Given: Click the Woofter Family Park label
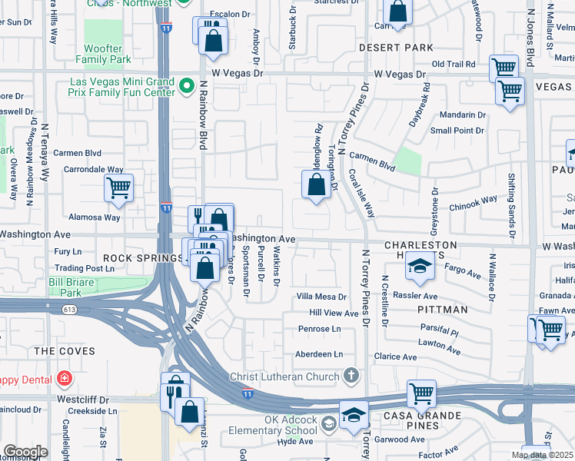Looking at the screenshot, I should click(x=108, y=54).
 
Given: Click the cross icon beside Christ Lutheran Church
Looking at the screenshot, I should click(x=351, y=376).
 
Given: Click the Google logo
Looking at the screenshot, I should click(x=25, y=452).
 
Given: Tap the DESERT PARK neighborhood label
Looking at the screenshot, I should click(x=396, y=48).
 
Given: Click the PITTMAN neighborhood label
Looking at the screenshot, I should click(x=443, y=309).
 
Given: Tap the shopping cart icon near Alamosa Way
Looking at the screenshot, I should click(x=118, y=187).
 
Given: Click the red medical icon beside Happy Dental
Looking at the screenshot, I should click(x=65, y=379).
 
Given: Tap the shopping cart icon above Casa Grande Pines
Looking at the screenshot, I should click(x=421, y=393).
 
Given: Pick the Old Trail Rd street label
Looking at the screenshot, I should click(x=454, y=65).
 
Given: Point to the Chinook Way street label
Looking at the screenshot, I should click(x=473, y=203).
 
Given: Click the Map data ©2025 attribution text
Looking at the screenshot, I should click(x=542, y=454).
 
